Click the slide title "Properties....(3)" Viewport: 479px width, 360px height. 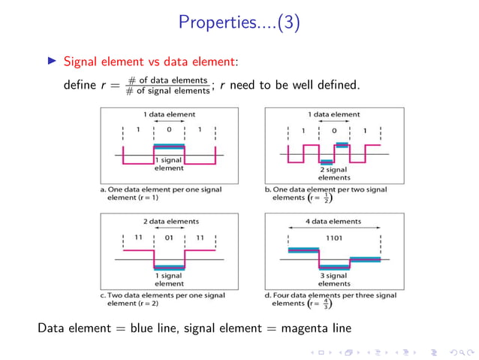(239, 23)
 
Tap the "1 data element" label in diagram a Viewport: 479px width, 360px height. (169, 114)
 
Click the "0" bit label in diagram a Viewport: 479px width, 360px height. (169, 130)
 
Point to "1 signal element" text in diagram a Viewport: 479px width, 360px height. (169, 164)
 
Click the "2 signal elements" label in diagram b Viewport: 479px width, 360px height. (334, 174)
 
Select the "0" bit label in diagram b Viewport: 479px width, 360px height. (334, 130)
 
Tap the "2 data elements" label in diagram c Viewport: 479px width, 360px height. (169, 222)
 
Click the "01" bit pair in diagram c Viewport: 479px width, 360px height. (169, 237)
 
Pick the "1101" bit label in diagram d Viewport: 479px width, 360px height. (334, 237)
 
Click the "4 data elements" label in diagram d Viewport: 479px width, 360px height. (334, 222)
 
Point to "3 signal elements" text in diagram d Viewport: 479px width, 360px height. (334, 280)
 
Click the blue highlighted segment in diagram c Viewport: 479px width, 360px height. (169, 266)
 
